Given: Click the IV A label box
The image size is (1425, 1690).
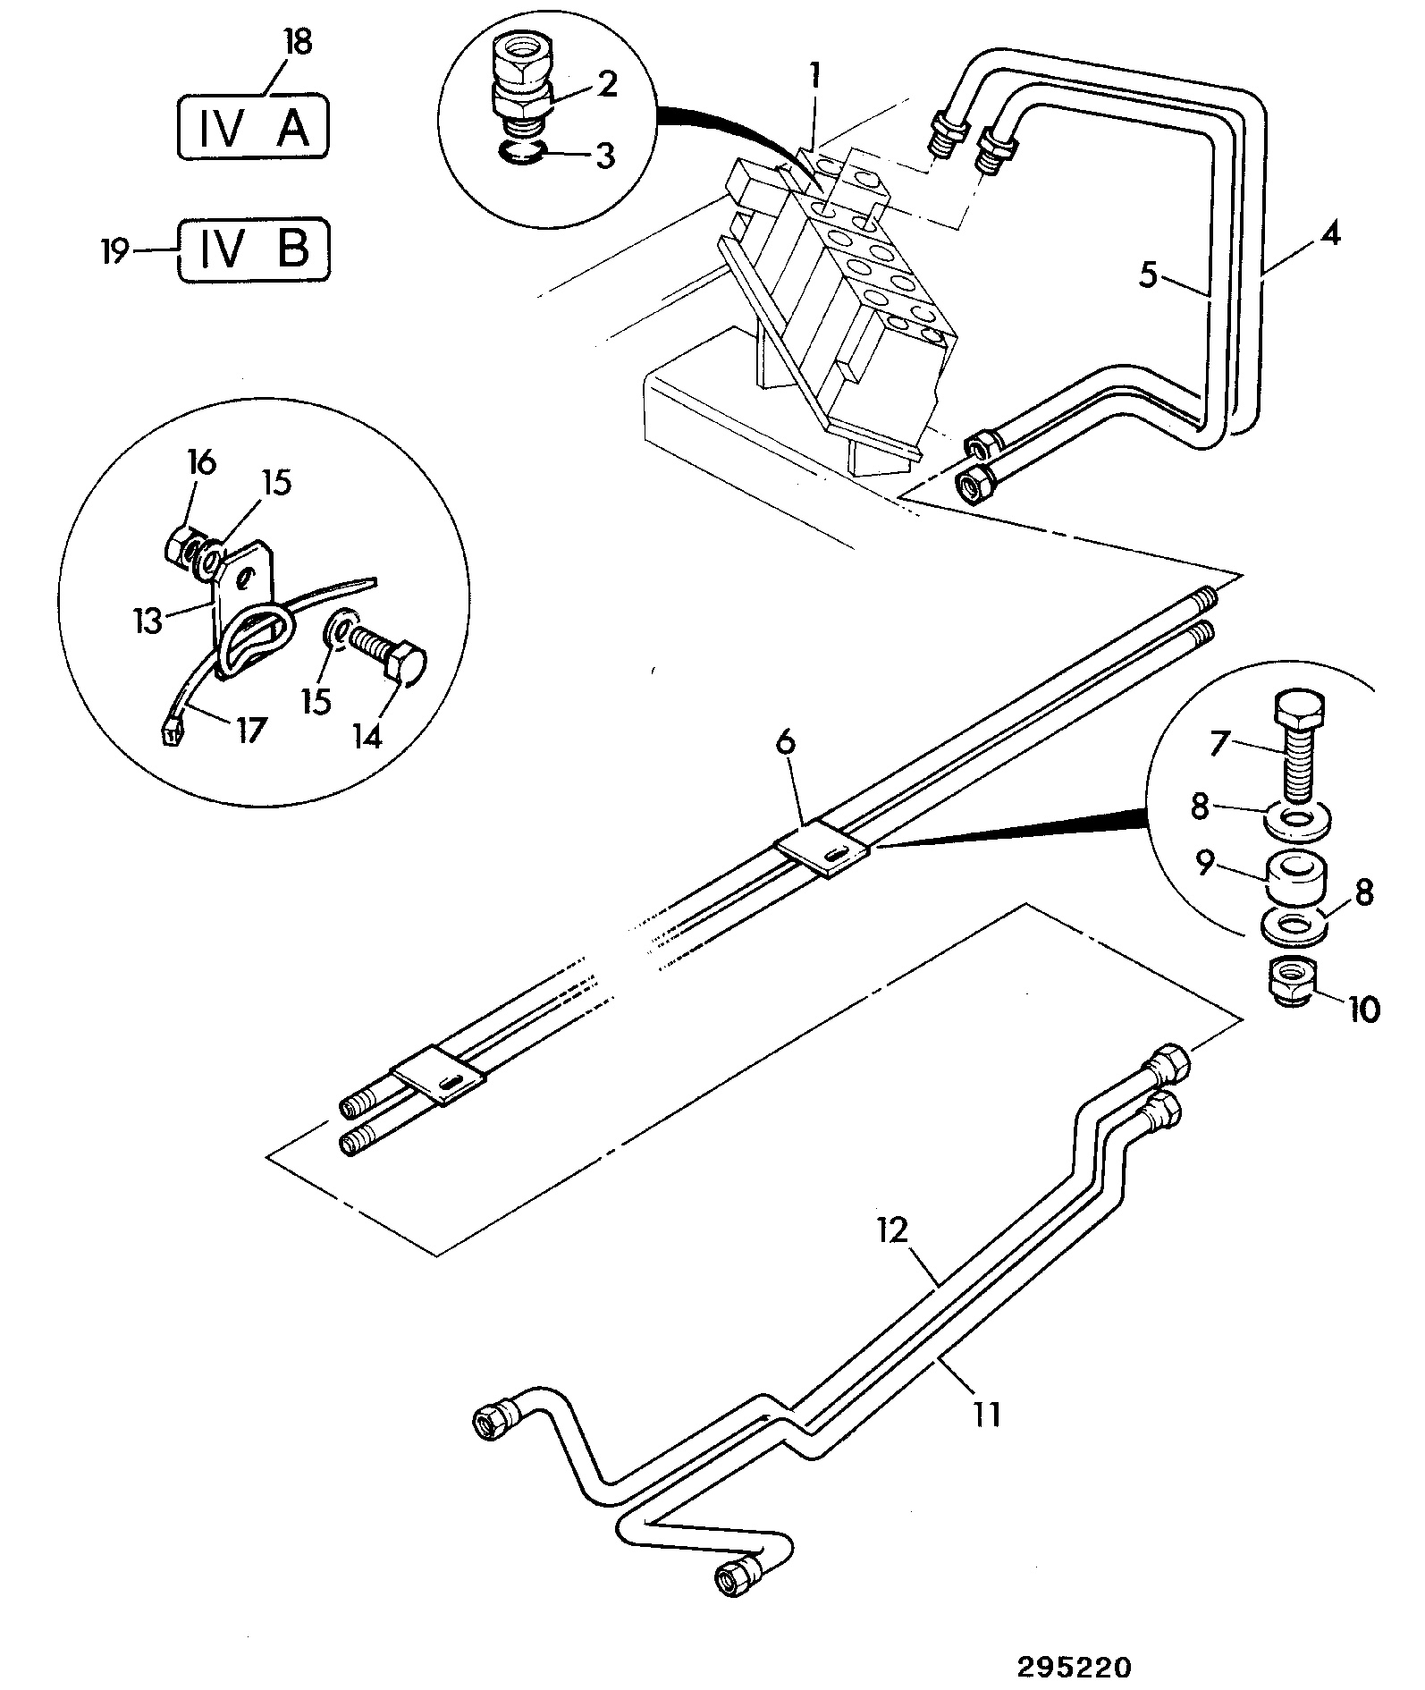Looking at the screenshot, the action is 254,127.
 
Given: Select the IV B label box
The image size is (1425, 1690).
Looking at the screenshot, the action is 254,250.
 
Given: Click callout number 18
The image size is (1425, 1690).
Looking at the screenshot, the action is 298,43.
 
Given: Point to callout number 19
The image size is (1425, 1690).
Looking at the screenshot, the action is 114,252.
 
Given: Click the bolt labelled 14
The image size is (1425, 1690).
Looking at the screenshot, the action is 386,652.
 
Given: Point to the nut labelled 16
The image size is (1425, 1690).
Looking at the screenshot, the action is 185,543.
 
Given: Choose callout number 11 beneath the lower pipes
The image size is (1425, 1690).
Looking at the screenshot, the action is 987,1415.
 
